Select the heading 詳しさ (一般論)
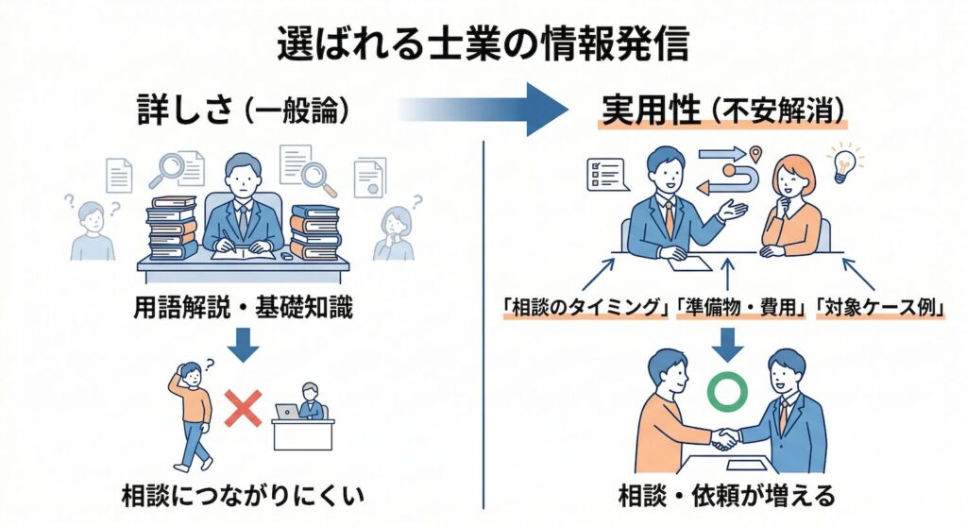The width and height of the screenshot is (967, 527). point(245,111)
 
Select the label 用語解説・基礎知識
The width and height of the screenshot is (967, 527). point(244,308)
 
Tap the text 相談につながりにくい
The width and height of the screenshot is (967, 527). point(244,495)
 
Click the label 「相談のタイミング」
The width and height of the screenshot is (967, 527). point(585,308)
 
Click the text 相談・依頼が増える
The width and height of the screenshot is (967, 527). point(727,495)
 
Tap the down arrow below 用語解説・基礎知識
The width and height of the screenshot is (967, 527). point(244,344)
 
